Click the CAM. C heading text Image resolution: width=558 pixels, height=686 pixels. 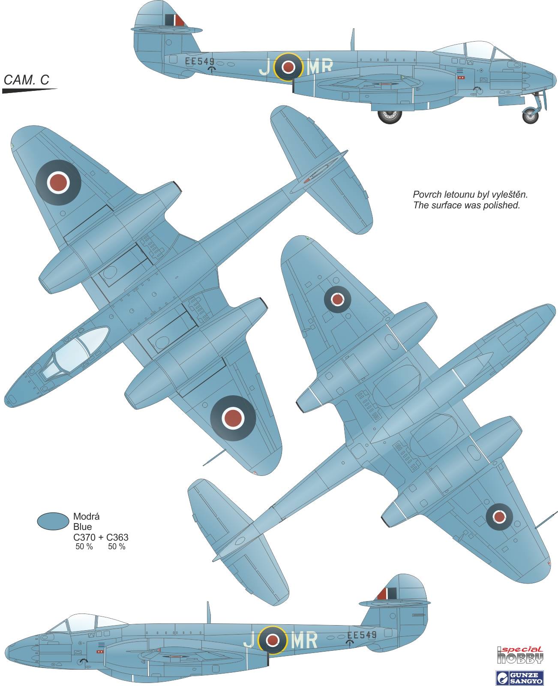(x=26, y=80)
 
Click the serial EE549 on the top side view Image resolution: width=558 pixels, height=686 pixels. (x=199, y=61)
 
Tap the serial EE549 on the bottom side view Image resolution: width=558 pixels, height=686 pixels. (x=362, y=635)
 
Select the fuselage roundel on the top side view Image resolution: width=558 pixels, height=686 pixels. (x=288, y=66)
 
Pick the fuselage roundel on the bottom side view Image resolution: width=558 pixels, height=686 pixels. (x=271, y=641)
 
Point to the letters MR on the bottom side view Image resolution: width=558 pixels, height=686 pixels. (x=304, y=641)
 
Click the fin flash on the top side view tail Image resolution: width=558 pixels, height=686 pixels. (x=175, y=20)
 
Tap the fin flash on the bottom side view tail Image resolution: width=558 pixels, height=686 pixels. (x=387, y=594)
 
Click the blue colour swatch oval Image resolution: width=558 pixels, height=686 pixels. (x=53, y=521)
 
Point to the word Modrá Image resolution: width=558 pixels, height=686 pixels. (x=87, y=517)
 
